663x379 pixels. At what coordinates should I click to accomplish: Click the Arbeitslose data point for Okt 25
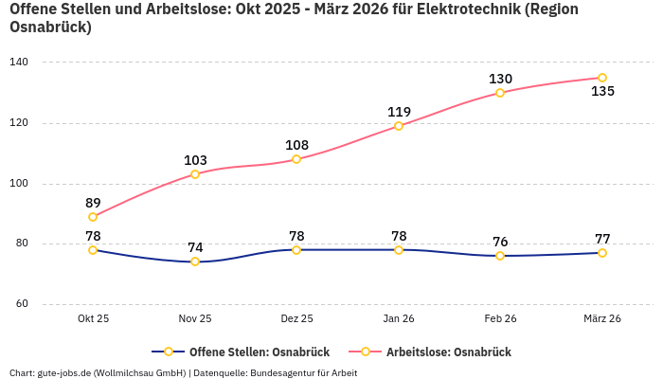(93, 217)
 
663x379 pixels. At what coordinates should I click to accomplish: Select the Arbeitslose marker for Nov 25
(195, 174)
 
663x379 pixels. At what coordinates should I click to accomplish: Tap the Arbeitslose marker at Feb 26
(500, 93)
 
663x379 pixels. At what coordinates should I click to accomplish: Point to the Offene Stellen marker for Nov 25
(195, 262)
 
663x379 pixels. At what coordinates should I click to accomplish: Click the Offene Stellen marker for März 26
(602, 253)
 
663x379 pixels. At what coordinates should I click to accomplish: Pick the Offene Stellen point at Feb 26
(500, 256)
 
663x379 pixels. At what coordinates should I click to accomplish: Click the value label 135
(602, 92)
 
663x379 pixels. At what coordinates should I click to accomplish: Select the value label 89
(93, 203)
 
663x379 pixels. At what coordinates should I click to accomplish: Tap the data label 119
(399, 112)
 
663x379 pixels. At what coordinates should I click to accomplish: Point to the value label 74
(195, 247)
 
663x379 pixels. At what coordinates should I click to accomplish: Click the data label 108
(296, 145)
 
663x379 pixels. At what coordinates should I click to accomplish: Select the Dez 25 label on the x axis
(296, 319)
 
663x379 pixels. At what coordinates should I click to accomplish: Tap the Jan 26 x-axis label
(399, 319)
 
